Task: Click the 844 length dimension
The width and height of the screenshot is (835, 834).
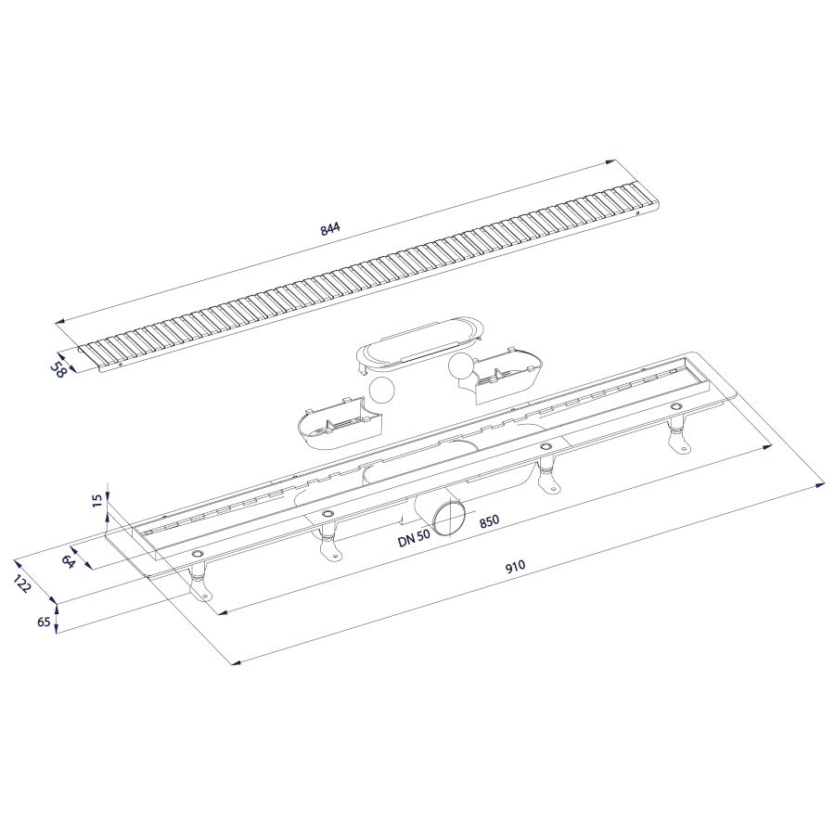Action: coord(330,228)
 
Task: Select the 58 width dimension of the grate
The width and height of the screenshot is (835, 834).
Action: coord(58,369)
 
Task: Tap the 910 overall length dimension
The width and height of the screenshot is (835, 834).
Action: coord(515,566)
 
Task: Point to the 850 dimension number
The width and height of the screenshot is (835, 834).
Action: coord(489,520)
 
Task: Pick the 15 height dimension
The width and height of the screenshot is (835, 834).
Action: coord(96,501)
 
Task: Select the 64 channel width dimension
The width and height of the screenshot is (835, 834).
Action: coord(68,561)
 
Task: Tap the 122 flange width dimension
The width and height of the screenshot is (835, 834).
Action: coord(23,584)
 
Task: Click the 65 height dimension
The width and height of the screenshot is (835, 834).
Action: coord(45,622)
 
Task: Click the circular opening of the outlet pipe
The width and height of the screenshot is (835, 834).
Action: coord(448,517)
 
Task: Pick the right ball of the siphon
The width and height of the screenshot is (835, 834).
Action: coord(462,366)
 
